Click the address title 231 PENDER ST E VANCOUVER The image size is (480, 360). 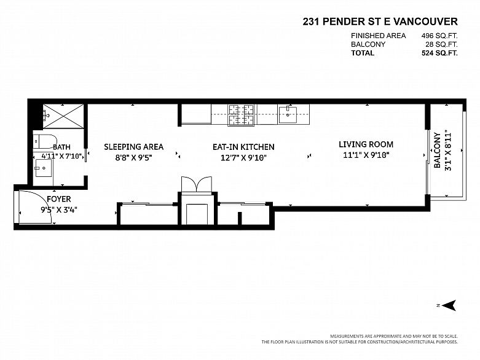click(x=380, y=22)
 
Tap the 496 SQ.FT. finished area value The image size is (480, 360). click(x=439, y=36)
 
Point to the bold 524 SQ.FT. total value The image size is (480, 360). click(x=439, y=53)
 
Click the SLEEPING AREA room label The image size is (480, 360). click(x=134, y=147)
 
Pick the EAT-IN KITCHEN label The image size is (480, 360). click(x=243, y=147)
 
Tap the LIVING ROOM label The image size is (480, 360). click(x=366, y=144)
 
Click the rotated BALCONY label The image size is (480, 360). click(x=438, y=150)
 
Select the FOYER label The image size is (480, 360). click(x=59, y=199)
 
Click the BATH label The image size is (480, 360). click(x=61, y=147)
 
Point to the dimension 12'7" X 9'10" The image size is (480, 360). click(x=243, y=158)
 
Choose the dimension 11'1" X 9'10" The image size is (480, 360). click(x=366, y=155)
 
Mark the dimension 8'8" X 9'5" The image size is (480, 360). click(x=134, y=158)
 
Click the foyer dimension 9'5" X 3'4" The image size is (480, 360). click(x=59, y=210)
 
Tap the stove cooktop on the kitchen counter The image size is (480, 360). click(x=241, y=115)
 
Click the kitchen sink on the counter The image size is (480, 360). click(x=288, y=114)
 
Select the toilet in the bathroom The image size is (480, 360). click(x=45, y=142)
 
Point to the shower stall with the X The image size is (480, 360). click(x=63, y=116)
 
